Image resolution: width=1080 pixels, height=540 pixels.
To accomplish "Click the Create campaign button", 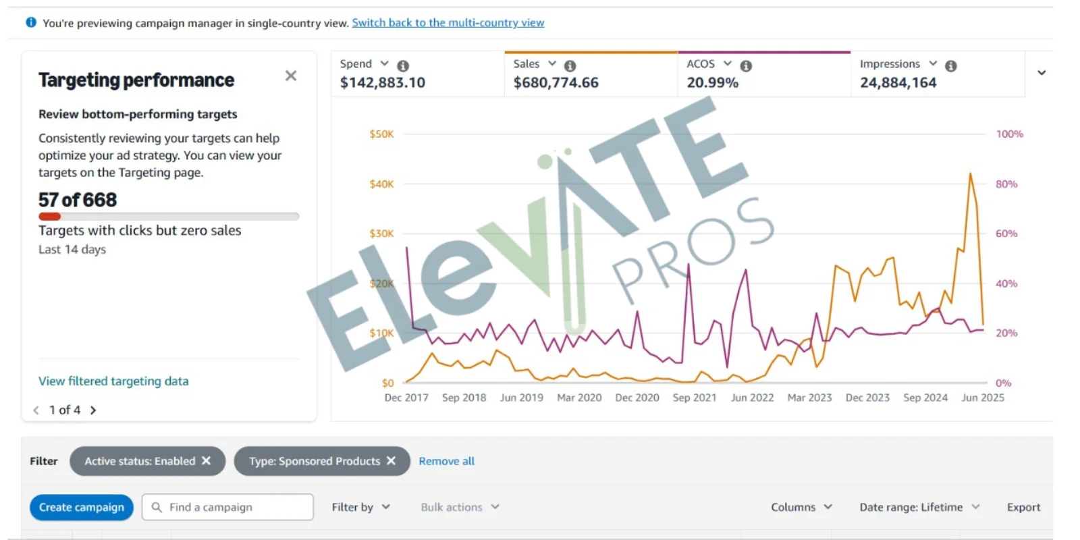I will (81, 507).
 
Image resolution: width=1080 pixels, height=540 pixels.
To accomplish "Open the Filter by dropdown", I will (360, 507).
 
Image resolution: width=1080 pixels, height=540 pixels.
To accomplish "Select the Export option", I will (1023, 507).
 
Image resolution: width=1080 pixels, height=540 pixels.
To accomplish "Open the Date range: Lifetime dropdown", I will (919, 507).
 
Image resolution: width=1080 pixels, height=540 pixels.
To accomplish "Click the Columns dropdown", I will (801, 507).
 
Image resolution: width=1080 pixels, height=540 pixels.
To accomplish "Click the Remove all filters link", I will (446, 461).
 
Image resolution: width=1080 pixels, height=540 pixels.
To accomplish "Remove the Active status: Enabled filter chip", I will (207, 460).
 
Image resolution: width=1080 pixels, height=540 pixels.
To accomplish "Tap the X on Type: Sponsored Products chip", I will (391, 460).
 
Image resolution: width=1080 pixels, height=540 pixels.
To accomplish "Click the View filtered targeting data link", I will (113, 381).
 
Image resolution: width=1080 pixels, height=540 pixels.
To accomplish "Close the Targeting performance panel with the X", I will (291, 76).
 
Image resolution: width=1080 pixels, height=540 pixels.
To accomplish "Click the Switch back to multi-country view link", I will (448, 22).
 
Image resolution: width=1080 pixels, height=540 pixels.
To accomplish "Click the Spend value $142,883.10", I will (382, 82).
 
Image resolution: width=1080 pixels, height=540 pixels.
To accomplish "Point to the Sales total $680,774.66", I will (556, 82).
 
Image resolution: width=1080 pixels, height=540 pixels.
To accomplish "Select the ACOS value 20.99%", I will (712, 82).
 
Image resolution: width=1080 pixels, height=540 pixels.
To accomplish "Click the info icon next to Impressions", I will (950, 65).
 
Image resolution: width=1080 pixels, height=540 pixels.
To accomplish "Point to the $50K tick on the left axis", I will (381, 134).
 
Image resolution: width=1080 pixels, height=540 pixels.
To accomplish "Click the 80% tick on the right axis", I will (1006, 184).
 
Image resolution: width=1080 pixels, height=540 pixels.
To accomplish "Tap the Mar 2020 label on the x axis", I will (579, 398).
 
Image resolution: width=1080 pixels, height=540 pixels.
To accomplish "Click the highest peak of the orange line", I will (970, 174).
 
